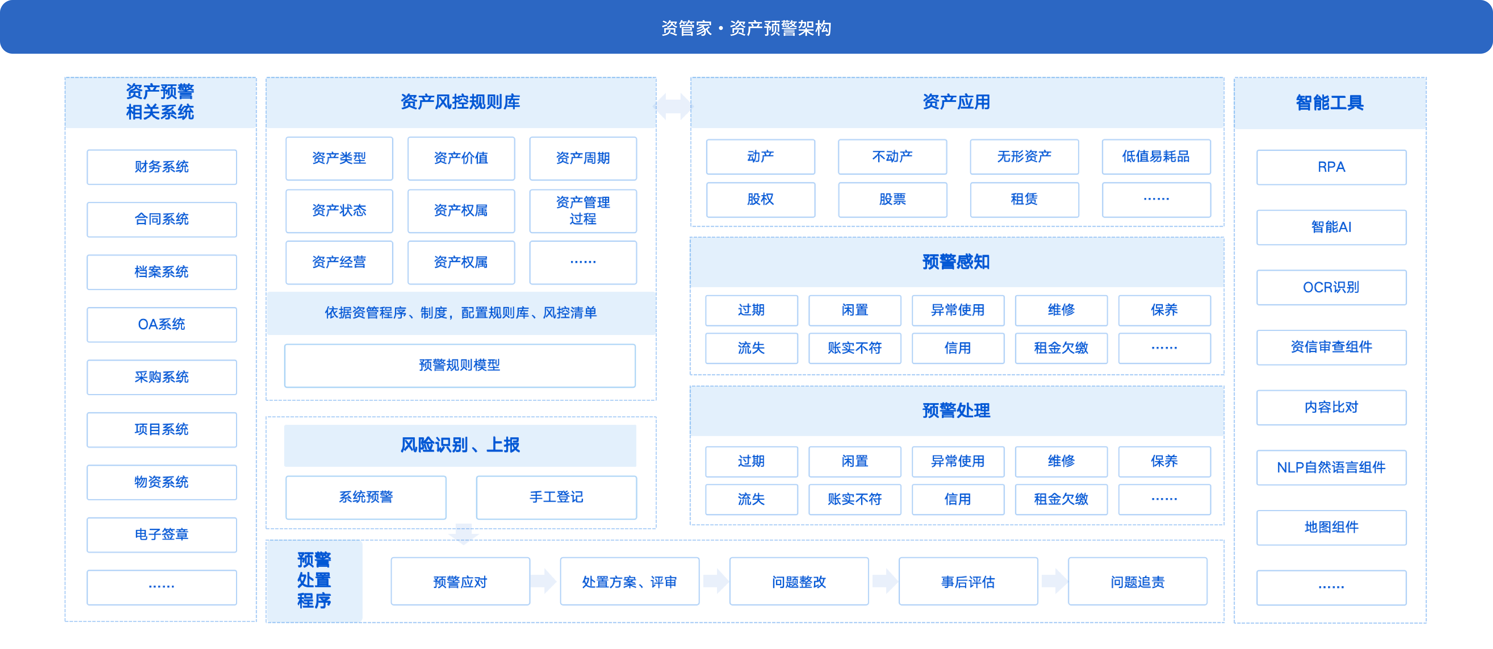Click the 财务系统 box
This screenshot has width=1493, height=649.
coord(162,167)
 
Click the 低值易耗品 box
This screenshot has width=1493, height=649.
coord(1156,157)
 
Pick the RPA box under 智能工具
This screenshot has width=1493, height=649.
coord(1331,167)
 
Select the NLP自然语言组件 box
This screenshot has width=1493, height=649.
coord(1331,468)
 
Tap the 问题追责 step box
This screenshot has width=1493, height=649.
coord(1138,582)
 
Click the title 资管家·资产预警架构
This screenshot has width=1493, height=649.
coord(746,28)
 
